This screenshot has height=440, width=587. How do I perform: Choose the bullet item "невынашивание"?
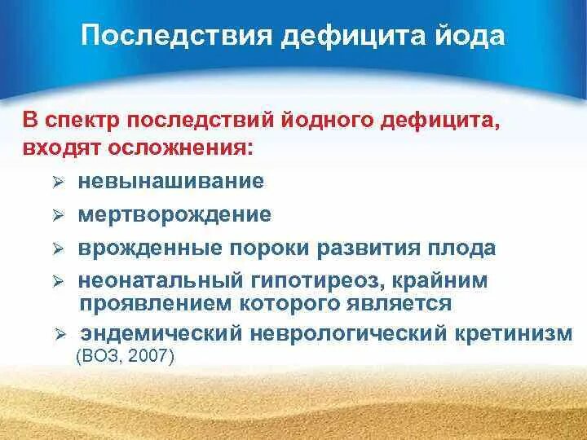coord(171,182)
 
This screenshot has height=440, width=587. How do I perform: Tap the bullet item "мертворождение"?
coord(174,215)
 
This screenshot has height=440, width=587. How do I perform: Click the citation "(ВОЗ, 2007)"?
coord(125,356)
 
